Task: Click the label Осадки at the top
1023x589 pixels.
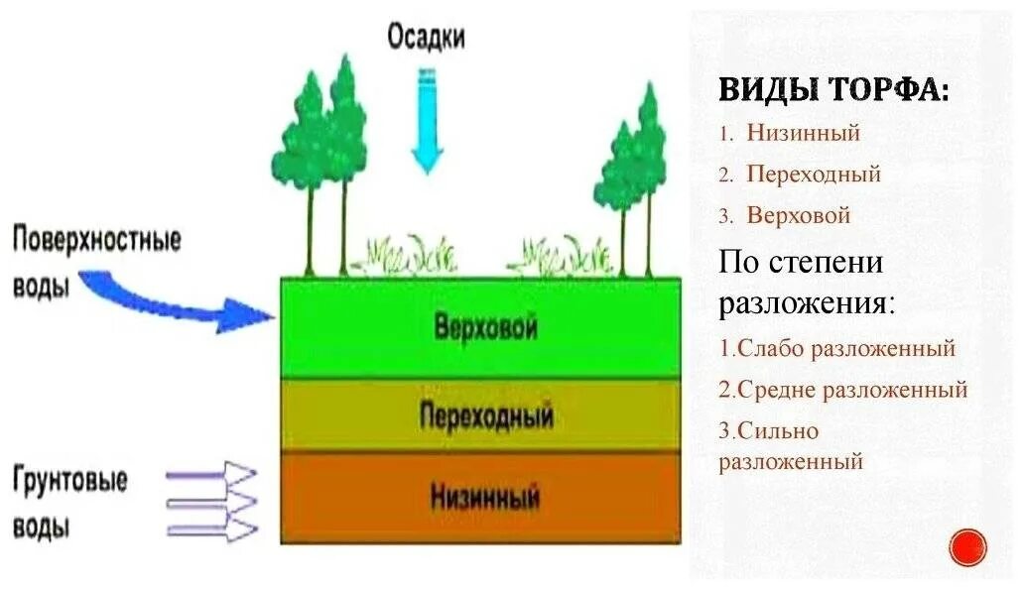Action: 426,38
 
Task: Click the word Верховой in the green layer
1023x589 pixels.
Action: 485,327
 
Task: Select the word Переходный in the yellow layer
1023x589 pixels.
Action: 485,414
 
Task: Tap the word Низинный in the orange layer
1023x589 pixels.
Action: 485,495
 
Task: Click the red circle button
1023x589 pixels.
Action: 967,547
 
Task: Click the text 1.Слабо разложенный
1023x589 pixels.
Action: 837,348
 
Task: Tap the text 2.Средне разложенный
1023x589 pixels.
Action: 843,390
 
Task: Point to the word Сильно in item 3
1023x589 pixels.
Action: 783,431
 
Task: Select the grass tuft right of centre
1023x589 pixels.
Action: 563,256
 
